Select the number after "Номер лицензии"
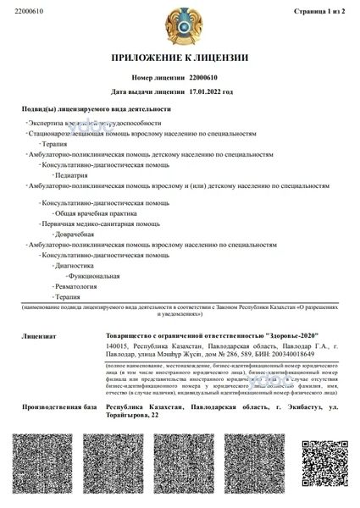pyautogui.click(x=208, y=77)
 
